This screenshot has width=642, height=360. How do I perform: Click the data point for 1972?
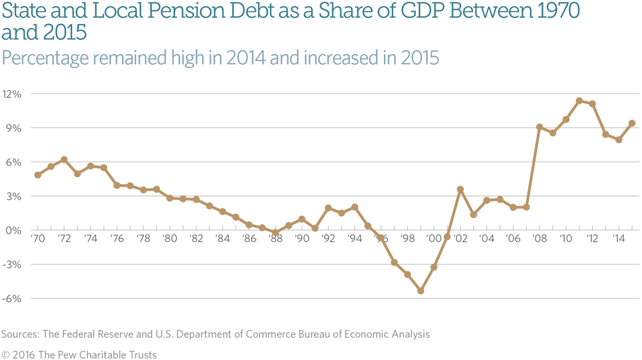(x=64, y=160)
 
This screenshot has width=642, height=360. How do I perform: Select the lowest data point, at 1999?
(x=421, y=291)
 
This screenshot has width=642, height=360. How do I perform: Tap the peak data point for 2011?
(x=579, y=101)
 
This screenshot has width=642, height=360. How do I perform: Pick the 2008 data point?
(x=540, y=127)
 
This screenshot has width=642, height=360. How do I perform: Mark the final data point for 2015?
(x=632, y=123)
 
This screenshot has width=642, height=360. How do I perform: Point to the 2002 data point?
(x=460, y=189)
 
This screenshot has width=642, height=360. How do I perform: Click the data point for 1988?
(x=276, y=233)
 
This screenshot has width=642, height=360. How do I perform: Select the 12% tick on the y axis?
(x=12, y=94)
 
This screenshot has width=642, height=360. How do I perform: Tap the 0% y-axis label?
(x=14, y=231)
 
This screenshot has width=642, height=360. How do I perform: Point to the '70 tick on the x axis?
(x=37, y=239)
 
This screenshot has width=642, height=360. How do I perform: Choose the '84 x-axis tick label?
(x=222, y=239)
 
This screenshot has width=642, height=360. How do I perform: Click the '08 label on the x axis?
(x=540, y=239)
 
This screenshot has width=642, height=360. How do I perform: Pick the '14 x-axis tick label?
(x=619, y=239)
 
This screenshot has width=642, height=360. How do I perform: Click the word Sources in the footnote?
(x=20, y=335)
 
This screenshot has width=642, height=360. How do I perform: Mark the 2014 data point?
(x=619, y=139)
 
